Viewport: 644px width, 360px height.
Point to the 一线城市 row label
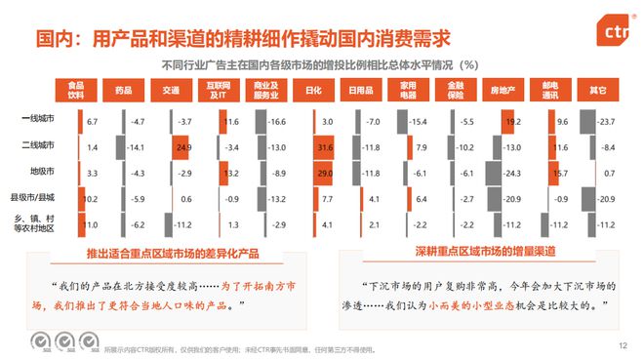[36, 121]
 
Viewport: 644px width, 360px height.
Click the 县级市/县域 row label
[36, 198]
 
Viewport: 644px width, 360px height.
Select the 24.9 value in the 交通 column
[181, 146]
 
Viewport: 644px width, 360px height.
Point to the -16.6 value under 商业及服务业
[279, 122]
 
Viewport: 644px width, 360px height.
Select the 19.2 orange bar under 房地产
[511, 121]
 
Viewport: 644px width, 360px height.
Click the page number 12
[621, 345]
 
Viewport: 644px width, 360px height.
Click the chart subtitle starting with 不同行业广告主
[325, 64]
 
